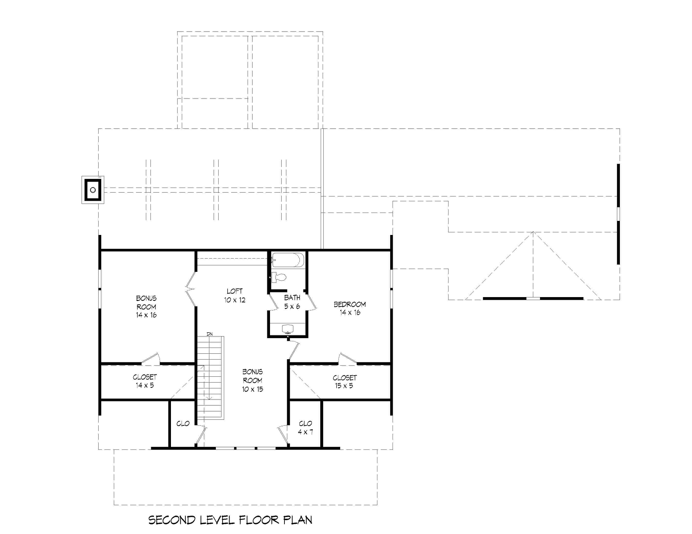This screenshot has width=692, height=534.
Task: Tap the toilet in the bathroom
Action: pos(279,277)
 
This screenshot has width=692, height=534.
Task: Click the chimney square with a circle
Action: pos(93,190)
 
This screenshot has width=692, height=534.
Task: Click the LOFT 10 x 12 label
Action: pos(235,295)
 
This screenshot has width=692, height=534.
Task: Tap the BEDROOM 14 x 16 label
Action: pos(350,308)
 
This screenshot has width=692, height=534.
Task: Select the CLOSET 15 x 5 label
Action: pos(344,381)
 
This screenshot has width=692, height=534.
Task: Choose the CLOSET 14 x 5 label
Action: pos(145,381)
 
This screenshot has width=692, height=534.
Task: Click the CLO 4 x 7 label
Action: pos(305,428)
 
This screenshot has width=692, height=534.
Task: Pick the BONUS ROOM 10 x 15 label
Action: pos(253,380)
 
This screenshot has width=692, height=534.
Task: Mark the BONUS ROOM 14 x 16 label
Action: pos(146,306)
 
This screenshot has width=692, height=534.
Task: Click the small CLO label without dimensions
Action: pos(183,424)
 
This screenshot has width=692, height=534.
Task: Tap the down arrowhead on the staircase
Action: pos(210,399)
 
